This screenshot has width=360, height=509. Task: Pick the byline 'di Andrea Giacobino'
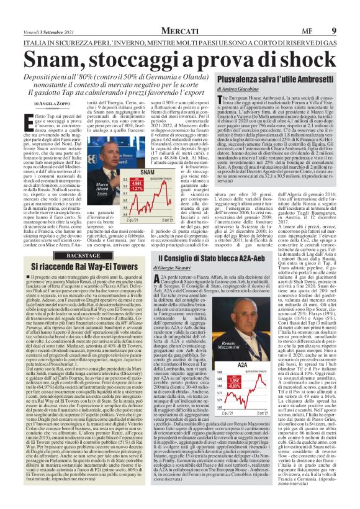235,106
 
